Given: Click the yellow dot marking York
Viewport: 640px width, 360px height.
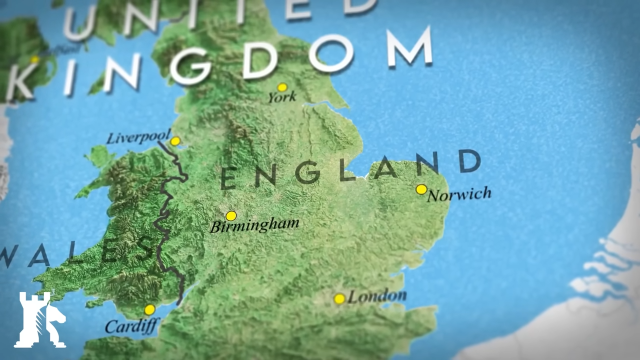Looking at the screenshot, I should pos(282,87).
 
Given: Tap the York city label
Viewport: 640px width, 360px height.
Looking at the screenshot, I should pos(282,97).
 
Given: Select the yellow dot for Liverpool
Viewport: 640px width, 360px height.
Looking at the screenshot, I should pos(175,141).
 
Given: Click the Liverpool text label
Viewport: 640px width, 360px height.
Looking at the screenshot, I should pos(138,137).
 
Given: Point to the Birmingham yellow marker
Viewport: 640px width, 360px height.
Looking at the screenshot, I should pos(231,216).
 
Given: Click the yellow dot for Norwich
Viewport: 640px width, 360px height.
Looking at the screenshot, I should pos(421,189).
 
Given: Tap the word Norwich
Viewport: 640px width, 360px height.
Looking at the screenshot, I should pos(459,194).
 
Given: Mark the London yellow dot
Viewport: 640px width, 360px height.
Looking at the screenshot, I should pos(339,299).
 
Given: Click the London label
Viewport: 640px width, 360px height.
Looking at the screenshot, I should pos(376,296).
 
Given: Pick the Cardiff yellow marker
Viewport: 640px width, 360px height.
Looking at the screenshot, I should pos(149,310).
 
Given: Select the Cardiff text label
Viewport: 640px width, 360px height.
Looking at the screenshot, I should pos(131,326).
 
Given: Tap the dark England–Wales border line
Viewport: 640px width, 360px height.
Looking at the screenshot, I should pos(163,220).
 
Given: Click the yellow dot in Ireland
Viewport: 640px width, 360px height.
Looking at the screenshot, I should pos(34,59).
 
